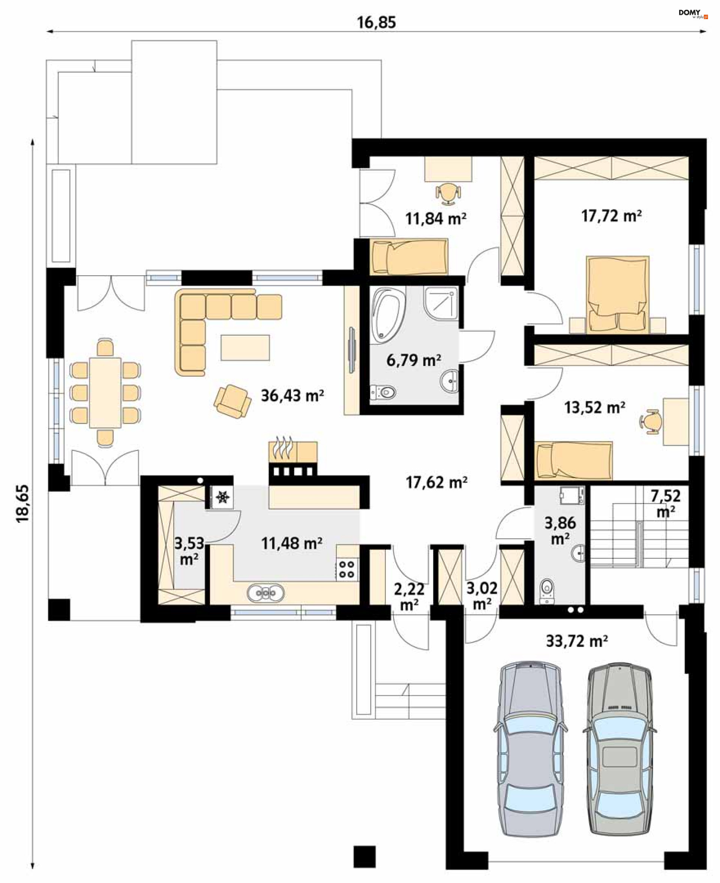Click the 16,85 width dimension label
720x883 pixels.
click(x=376, y=22)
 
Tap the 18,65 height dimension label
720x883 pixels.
click(x=23, y=503)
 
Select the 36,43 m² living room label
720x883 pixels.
click(x=292, y=395)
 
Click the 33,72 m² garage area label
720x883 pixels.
click(x=576, y=641)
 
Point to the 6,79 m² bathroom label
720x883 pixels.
click(x=414, y=360)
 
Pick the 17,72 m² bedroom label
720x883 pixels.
click(x=611, y=216)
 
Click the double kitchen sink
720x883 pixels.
click(x=265, y=593)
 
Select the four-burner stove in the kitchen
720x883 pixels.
click(x=347, y=569)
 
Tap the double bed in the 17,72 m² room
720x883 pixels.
click(x=618, y=294)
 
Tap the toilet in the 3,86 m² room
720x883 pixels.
click(x=547, y=590)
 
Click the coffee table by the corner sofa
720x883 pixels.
click(x=245, y=347)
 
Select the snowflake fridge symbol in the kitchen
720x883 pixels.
click(x=223, y=496)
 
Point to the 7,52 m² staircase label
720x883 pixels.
click(x=665, y=503)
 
